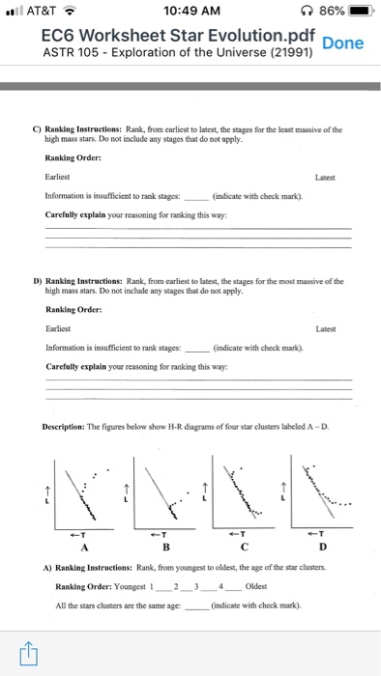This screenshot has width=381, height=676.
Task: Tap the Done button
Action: click(343, 43)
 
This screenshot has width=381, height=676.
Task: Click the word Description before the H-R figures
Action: click(70, 424)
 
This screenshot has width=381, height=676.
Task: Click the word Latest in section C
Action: click(338, 177)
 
